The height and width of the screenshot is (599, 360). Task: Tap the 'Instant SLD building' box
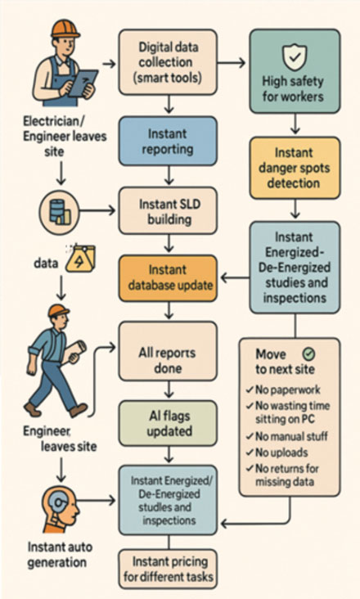pyautogui.click(x=168, y=209)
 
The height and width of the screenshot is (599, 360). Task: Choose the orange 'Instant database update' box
pyautogui.click(x=168, y=277)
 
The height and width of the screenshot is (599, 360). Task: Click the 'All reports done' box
pyautogui.click(x=168, y=350)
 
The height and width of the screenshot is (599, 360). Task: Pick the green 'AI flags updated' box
pyautogui.click(x=168, y=423)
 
